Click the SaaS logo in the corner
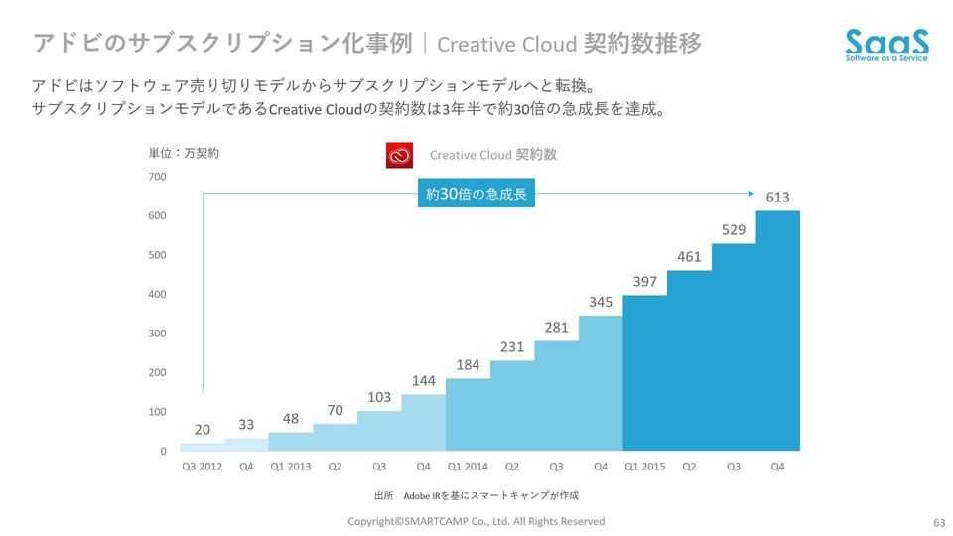point(887,45)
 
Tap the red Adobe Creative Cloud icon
point(398,156)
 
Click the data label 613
point(777,198)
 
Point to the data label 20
point(203,430)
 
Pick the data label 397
point(645,282)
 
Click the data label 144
point(424,381)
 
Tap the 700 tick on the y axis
point(157,177)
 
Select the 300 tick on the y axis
point(157,334)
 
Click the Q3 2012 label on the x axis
point(202,466)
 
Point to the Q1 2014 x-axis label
point(468,466)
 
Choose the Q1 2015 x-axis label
point(645,466)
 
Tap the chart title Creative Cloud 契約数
point(492,155)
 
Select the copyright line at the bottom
point(476,521)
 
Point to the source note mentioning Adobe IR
point(476,494)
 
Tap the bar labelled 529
point(734,346)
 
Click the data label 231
point(512,347)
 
